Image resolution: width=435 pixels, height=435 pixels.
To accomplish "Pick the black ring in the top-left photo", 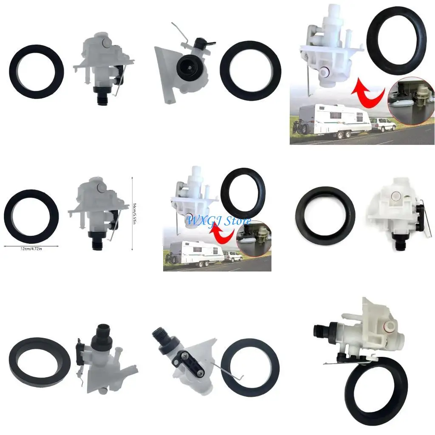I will click(37, 71).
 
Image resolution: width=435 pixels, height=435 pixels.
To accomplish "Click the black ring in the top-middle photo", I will click(250, 71).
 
